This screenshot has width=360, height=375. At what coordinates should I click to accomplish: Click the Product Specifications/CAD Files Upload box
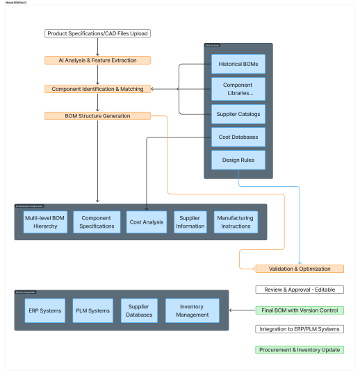pyautogui.click(x=97, y=33)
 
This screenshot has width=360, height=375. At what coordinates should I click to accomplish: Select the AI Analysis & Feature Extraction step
pyautogui.click(x=97, y=60)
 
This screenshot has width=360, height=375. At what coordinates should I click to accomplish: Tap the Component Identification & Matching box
pyautogui.click(x=97, y=89)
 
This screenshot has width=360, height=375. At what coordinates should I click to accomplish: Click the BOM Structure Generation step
pyautogui.click(x=97, y=116)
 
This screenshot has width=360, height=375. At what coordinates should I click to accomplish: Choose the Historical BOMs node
pyautogui.click(x=238, y=64)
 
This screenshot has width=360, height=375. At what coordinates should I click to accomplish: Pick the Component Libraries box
pyautogui.click(x=238, y=89)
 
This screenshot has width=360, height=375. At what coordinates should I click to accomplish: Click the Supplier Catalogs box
pyautogui.click(x=238, y=113)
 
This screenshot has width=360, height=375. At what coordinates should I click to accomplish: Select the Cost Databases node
pyautogui.click(x=238, y=137)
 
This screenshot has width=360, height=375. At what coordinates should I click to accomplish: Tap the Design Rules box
pyautogui.click(x=238, y=160)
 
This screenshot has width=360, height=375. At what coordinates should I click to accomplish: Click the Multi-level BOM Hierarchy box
pyautogui.click(x=45, y=222)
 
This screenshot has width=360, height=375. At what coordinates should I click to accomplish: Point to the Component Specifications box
pyautogui.click(x=96, y=222)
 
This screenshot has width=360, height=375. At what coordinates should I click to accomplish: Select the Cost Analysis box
pyautogui.click(x=146, y=222)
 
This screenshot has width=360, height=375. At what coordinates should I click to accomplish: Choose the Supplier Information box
pyautogui.click(x=190, y=222)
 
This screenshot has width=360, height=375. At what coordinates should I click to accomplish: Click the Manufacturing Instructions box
pyautogui.click(x=235, y=222)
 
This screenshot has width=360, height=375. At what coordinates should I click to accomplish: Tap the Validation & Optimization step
pyautogui.click(x=300, y=269)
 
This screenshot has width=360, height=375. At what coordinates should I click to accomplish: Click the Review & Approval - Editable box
pyautogui.click(x=300, y=290)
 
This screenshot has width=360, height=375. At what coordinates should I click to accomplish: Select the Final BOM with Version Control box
pyautogui.click(x=300, y=310)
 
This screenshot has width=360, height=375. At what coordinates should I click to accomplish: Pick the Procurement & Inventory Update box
pyautogui.click(x=300, y=350)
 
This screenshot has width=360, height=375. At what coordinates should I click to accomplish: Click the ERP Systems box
pyautogui.click(x=44, y=310)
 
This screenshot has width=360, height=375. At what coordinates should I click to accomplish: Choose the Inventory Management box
pyautogui.click(x=192, y=310)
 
